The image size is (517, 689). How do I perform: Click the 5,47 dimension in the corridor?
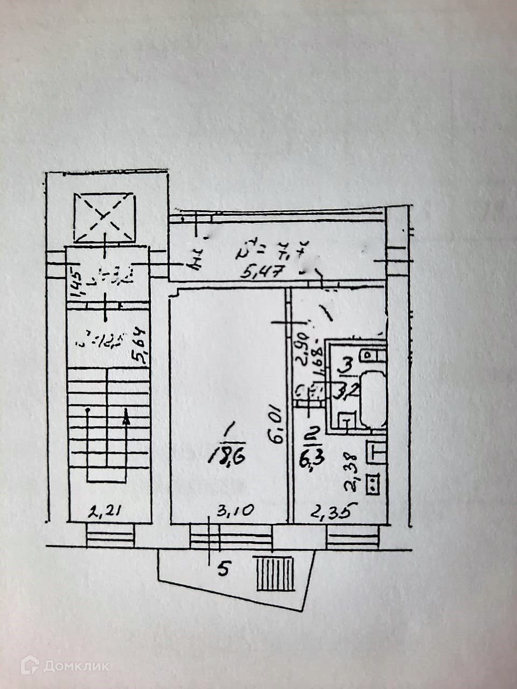[x=262, y=272]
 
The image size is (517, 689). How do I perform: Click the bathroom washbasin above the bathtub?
[x=372, y=355]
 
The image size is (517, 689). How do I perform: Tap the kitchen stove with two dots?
[x=372, y=483]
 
